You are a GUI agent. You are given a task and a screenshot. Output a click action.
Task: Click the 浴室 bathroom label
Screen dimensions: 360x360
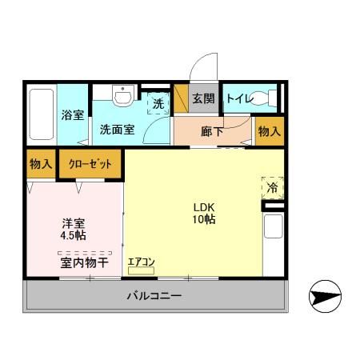point(73,114)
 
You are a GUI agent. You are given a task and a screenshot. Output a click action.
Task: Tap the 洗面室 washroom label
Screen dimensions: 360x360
point(117,130)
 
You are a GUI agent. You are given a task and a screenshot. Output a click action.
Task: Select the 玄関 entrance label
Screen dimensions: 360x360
point(203,99)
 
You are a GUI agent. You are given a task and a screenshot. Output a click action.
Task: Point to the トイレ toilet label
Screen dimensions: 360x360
point(239,99)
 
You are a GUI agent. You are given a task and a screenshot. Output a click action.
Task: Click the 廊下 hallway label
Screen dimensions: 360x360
point(211,130)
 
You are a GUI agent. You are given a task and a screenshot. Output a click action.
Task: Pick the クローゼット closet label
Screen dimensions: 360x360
point(90,164)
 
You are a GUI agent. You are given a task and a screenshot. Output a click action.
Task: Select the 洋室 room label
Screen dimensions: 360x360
point(74,223)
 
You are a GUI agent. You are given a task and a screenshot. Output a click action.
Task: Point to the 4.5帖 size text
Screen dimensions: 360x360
point(74,236)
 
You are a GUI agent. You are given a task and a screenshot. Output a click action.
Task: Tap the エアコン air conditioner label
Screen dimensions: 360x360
point(141,262)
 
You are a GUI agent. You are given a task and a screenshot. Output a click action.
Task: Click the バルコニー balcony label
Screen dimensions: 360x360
point(154,296)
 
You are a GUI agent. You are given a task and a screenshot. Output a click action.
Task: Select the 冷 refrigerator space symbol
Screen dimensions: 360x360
point(272,189)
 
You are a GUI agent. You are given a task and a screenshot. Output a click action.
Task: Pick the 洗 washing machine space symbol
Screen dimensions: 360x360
point(158,103)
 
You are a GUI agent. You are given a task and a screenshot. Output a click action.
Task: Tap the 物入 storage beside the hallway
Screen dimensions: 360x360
point(270,130)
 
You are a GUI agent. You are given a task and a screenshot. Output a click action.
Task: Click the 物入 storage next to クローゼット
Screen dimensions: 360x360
point(41,164)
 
